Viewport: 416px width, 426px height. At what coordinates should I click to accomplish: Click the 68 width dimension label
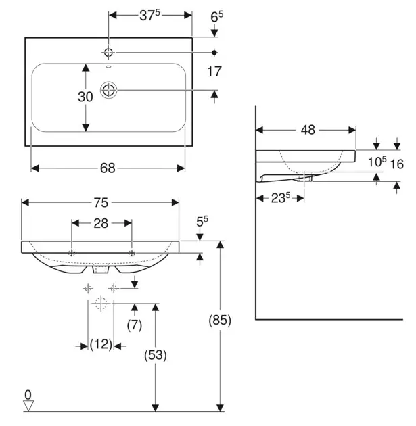(x=108, y=168)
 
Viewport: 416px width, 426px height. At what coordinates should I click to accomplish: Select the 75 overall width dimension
(x=100, y=202)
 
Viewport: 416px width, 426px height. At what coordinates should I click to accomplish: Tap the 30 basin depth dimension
(x=85, y=97)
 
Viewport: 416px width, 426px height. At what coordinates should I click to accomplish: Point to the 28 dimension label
(x=101, y=224)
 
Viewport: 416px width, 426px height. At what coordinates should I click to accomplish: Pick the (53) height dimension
(x=156, y=355)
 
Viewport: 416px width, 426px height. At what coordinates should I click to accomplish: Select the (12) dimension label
(x=101, y=345)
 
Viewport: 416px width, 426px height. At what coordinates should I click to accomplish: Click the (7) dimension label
(x=135, y=325)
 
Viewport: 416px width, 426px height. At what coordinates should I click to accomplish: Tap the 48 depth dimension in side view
(x=308, y=131)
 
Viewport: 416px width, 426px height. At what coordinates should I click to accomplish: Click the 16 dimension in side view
(x=397, y=164)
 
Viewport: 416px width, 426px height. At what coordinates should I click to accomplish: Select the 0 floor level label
(x=28, y=394)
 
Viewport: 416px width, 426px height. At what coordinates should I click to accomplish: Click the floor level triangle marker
(x=28, y=405)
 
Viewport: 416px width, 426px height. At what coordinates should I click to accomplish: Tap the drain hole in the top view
(x=108, y=89)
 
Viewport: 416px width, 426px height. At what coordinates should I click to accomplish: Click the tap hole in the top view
(x=109, y=52)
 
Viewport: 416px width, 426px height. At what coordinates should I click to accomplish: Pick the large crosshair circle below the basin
(x=101, y=304)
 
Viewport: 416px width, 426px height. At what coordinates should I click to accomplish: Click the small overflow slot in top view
(x=108, y=68)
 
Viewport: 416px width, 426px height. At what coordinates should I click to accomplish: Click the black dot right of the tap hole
(x=214, y=52)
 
